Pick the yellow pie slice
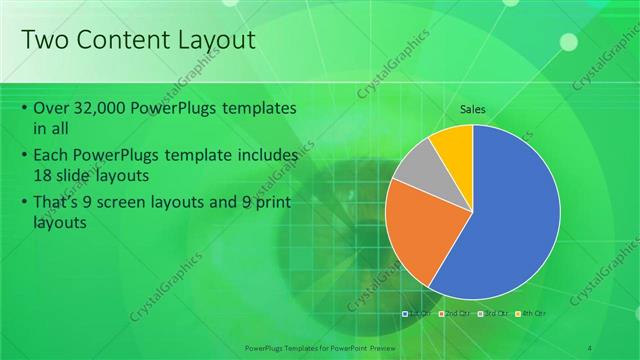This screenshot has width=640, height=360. pyautogui.click(x=453, y=142)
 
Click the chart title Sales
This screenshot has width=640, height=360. pyautogui.click(x=473, y=109)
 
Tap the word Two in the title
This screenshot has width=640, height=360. pyautogui.click(x=44, y=40)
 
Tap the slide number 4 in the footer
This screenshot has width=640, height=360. pyautogui.click(x=590, y=347)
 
